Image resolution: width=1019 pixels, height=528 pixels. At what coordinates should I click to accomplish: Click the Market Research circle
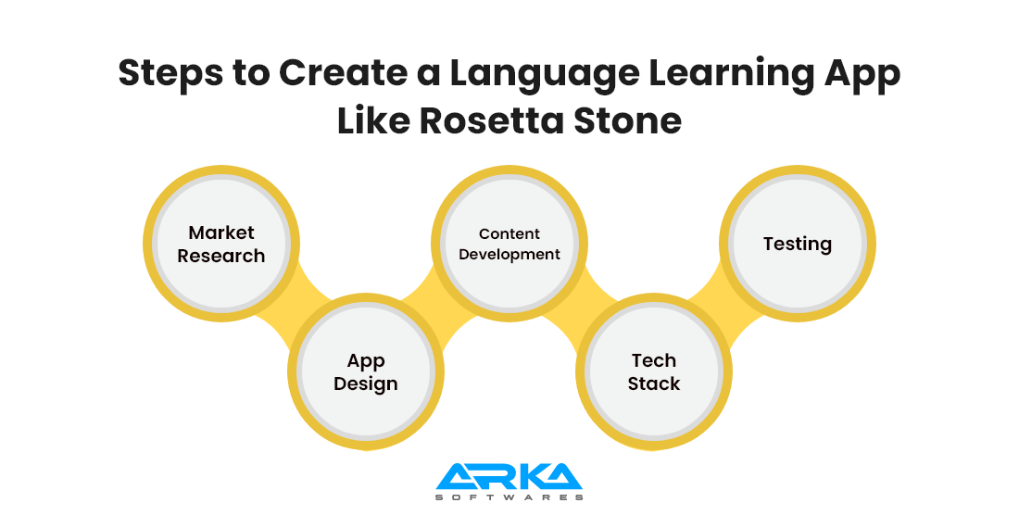pos(220,245)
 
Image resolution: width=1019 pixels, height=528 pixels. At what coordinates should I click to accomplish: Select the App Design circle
pos(365,372)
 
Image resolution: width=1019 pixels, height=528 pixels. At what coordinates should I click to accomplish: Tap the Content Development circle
pos(509,245)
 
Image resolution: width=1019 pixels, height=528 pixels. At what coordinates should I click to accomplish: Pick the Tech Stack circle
pos(653,372)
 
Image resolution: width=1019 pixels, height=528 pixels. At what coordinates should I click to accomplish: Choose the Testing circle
pos(797,245)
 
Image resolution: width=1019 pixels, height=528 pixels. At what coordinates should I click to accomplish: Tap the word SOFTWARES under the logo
pos(509,497)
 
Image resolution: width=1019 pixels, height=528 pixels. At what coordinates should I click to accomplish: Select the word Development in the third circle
pos(509,255)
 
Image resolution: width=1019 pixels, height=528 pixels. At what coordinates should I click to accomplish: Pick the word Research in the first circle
pos(220,256)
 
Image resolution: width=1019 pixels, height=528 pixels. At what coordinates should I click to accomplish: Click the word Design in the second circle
pos(365,383)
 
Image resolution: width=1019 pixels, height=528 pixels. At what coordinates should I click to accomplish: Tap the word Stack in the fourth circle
pos(653,383)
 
